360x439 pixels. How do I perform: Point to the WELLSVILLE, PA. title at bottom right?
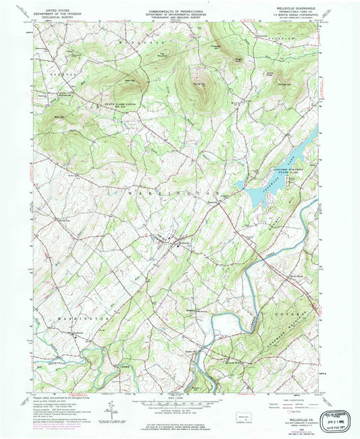pyautogui.click(x=289, y=419)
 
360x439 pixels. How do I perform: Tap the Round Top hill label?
pyautogui.click(x=198, y=84)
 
